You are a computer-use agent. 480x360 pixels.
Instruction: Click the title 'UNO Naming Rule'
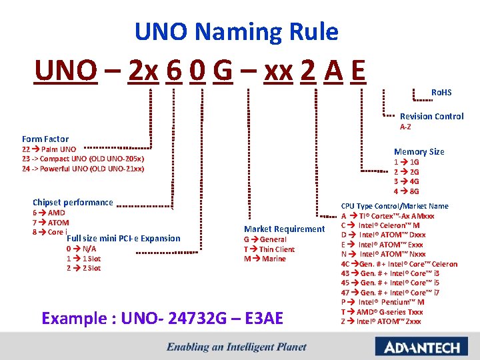pyautogui.click(x=236, y=31)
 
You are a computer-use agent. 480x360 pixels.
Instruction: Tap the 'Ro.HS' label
pyautogui.click(x=441, y=92)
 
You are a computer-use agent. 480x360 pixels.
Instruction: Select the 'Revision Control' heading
pyautogui.click(x=431, y=116)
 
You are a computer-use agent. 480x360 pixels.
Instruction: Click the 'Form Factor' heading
pyautogui.click(x=45, y=139)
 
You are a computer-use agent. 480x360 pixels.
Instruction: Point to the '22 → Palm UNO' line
pyautogui.click(x=49, y=149)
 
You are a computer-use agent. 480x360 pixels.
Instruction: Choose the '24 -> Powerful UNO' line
pyautogui.click(x=83, y=168)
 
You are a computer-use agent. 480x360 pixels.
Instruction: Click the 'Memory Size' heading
pyautogui.click(x=419, y=151)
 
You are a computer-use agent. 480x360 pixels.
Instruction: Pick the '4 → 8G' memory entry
pyautogui.click(x=406, y=191)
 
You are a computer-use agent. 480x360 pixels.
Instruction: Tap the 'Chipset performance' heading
pyautogui.click(x=73, y=202)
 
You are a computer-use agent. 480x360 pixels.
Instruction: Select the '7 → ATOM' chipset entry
pyautogui.click(x=51, y=222)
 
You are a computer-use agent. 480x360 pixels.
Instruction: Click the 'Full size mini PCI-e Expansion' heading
pyautogui.click(x=124, y=238)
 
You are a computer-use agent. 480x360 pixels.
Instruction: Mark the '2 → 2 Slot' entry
pyautogui.click(x=83, y=268)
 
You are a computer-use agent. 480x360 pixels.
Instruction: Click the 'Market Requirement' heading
pyautogui.click(x=284, y=229)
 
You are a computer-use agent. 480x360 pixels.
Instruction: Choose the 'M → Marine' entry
pyautogui.click(x=265, y=259)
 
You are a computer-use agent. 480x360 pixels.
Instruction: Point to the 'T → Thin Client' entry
pyautogui.click(x=269, y=249)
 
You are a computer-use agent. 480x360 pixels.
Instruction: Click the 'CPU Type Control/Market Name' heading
pyautogui.click(x=395, y=206)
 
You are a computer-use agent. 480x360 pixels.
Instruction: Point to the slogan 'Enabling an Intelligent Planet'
pyautogui.click(x=237, y=347)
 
